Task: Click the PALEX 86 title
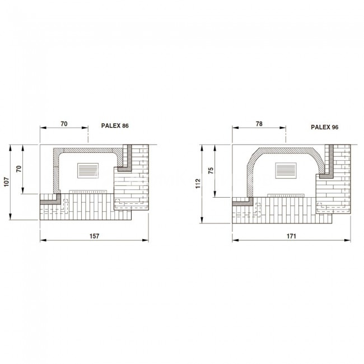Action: coord(115,126)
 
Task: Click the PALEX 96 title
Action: coord(325,127)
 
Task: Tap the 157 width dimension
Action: coord(94,236)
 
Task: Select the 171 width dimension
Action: coord(291,236)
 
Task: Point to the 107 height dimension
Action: coord(7,182)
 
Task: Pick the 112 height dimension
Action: coord(198,183)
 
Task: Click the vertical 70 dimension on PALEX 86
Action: coord(19,169)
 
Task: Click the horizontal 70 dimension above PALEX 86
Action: coord(64,124)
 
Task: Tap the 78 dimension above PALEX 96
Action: coord(259,124)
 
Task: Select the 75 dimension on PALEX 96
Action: coord(211,171)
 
